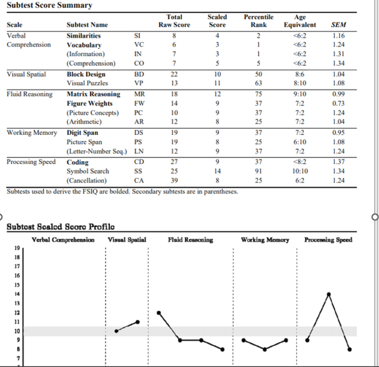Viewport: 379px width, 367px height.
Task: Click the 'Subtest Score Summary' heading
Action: tap(50, 5)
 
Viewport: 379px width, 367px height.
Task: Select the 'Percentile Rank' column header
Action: tap(259, 21)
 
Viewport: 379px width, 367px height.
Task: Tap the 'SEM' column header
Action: tap(339, 24)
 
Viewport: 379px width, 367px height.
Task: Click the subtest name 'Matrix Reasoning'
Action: tap(93, 94)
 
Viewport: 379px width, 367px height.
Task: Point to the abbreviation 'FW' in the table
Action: tap(139, 103)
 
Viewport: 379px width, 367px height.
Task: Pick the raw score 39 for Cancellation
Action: tap(174, 180)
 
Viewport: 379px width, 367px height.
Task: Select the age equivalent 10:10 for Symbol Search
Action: tap(300, 171)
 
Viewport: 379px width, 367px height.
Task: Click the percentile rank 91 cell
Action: tap(259, 171)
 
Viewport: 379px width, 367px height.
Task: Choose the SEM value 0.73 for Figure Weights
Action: tap(339, 103)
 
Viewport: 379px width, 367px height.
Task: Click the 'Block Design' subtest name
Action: tap(86, 74)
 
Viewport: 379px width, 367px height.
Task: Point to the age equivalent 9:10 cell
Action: tap(300, 94)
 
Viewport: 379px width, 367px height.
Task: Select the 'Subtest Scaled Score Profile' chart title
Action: tap(61, 227)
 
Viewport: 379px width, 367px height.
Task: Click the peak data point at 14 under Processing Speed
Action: tap(328, 294)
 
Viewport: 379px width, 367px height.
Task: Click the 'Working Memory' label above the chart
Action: tap(265, 239)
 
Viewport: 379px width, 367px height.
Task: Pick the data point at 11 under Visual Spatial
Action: tap(138, 322)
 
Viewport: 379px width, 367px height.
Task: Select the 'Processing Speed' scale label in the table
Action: tap(31, 162)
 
